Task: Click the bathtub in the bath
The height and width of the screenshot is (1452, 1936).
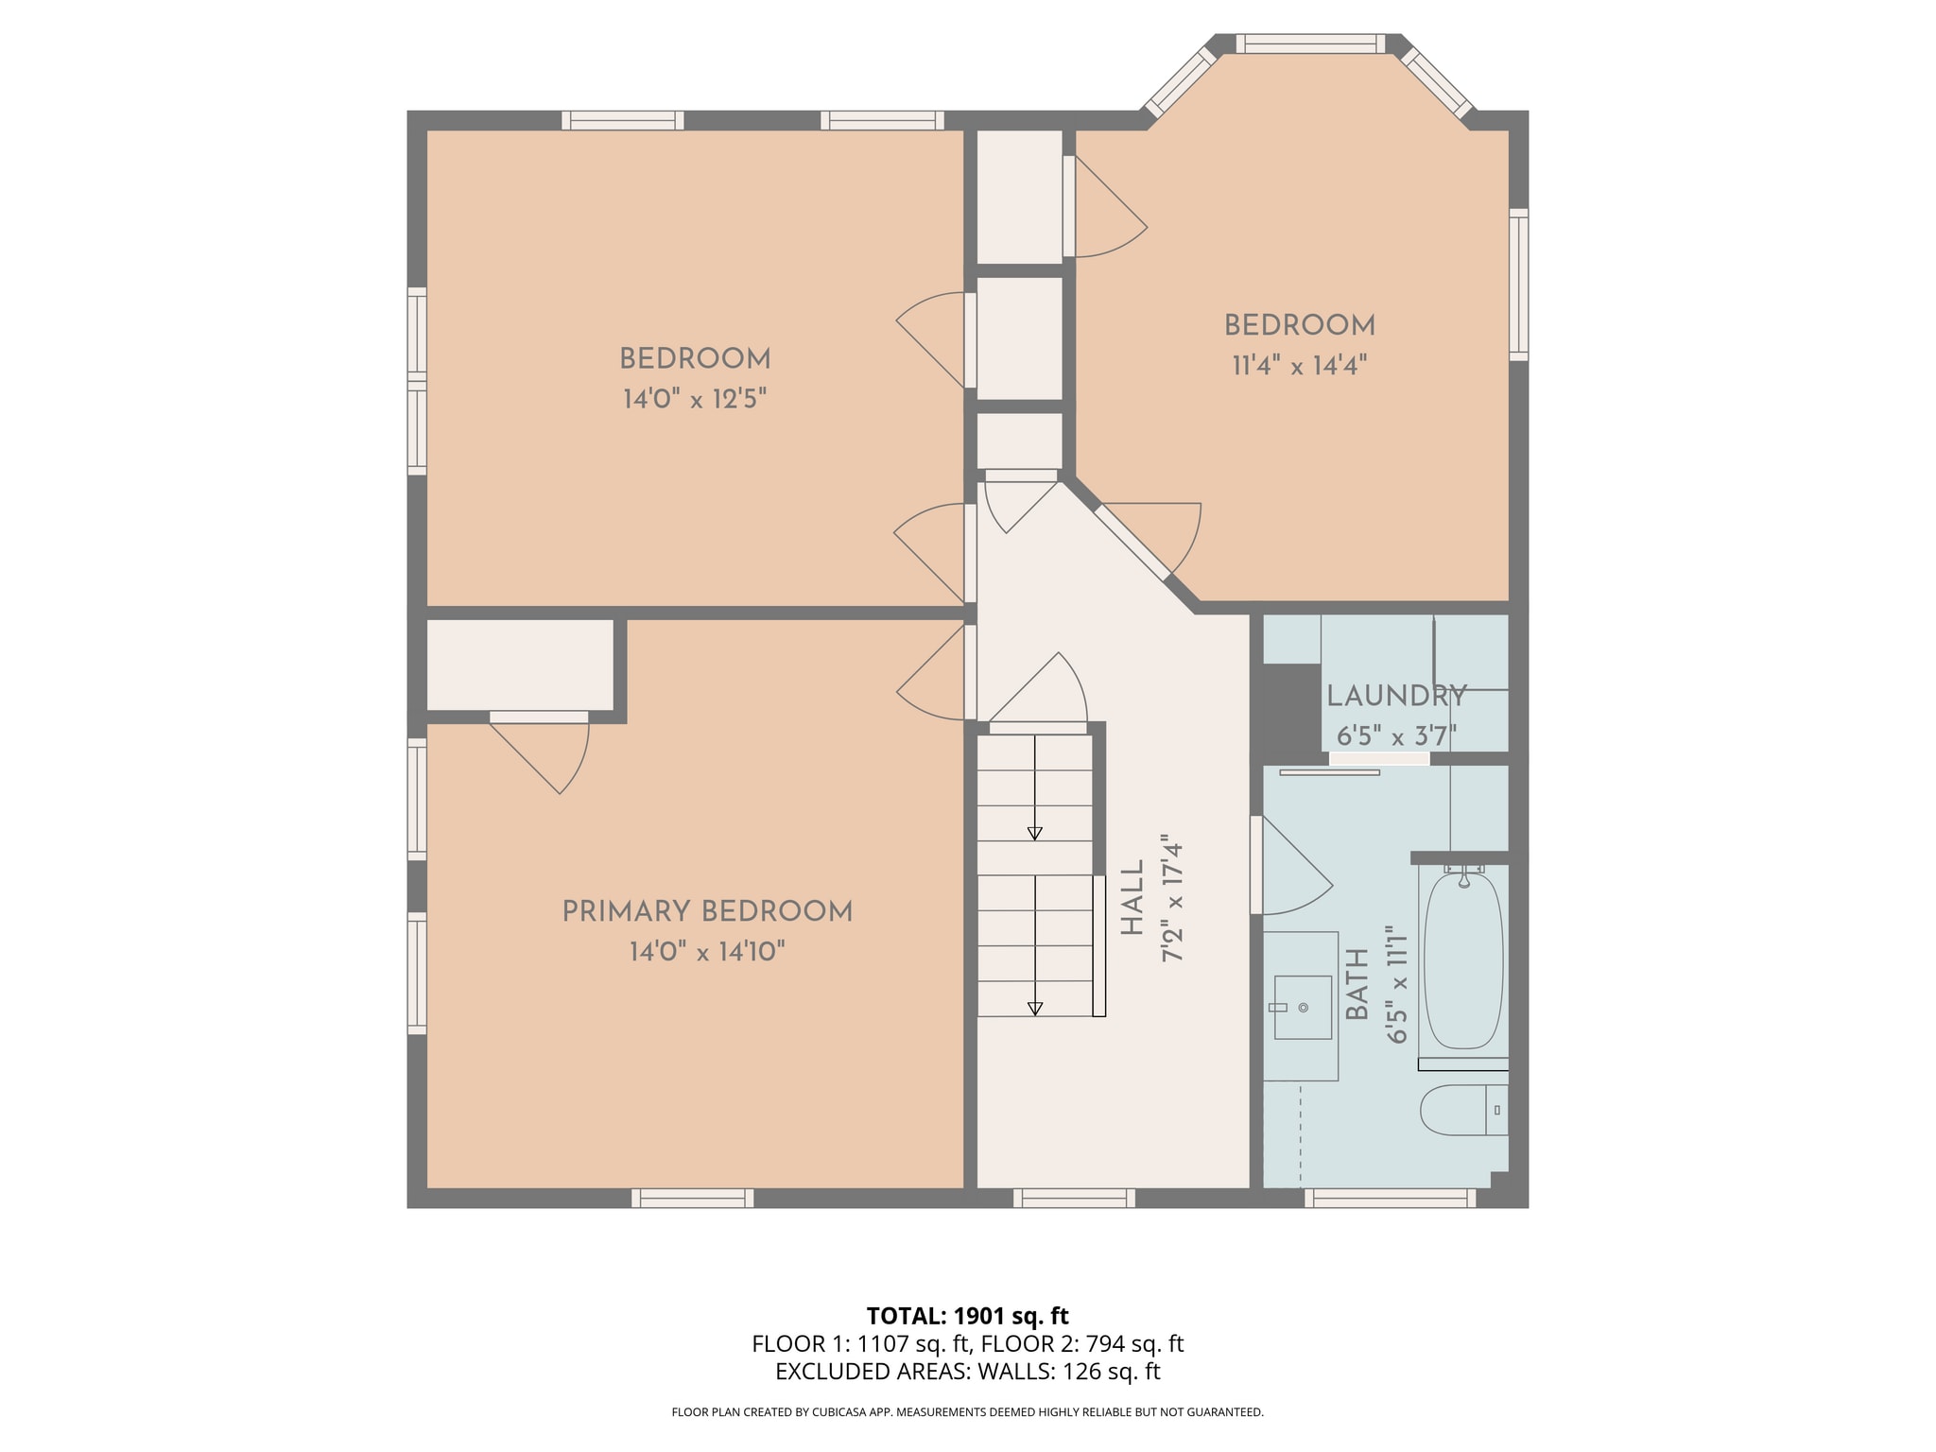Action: (x=1462, y=960)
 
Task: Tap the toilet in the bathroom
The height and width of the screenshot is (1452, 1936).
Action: (x=1463, y=1110)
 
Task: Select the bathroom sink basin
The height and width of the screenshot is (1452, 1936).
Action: (x=1303, y=1008)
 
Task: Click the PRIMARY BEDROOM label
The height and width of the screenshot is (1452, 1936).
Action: (x=707, y=912)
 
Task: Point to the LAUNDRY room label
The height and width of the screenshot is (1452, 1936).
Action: (x=1396, y=697)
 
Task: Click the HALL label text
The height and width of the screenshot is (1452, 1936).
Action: (x=1132, y=898)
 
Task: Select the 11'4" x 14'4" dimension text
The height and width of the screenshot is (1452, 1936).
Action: (x=1300, y=366)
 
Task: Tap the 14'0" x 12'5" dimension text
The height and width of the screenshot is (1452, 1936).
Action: (x=694, y=400)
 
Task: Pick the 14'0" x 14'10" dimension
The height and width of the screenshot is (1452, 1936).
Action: (x=707, y=952)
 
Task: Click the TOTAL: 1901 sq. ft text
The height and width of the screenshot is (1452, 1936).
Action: (x=967, y=1316)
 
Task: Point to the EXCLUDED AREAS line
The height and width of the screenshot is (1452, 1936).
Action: (x=967, y=1372)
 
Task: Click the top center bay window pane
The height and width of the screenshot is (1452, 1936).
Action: (x=1310, y=43)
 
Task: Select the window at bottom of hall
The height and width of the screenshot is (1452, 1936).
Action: (x=1074, y=1199)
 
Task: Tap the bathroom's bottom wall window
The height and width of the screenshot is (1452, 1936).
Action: (x=1391, y=1199)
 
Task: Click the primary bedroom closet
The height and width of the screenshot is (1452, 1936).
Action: (x=520, y=665)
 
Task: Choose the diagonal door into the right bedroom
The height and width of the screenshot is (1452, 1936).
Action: (x=1132, y=542)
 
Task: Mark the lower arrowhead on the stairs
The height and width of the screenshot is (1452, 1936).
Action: (x=1035, y=1009)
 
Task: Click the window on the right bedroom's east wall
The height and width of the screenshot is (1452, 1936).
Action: (x=1518, y=285)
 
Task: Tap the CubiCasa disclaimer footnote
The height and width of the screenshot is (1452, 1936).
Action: (x=967, y=1412)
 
